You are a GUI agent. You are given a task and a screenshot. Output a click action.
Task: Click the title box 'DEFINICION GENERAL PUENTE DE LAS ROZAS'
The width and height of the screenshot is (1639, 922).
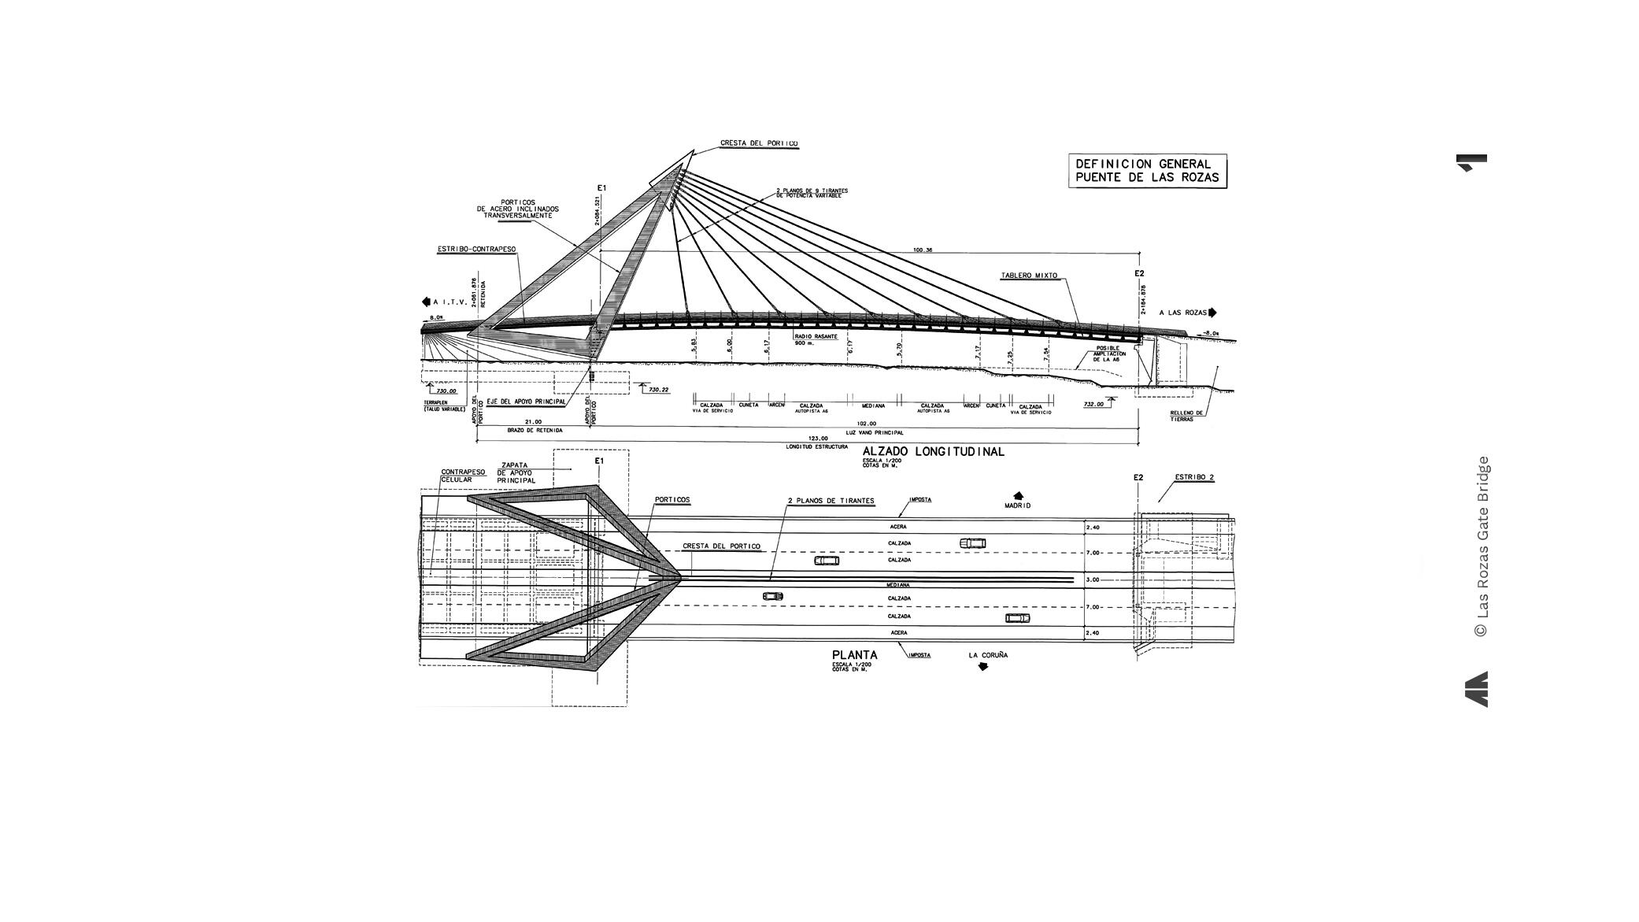[1146, 171]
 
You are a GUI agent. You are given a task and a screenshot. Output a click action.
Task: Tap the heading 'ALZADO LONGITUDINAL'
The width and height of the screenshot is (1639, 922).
[933, 452]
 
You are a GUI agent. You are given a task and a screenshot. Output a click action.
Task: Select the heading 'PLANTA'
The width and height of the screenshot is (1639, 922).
[854, 655]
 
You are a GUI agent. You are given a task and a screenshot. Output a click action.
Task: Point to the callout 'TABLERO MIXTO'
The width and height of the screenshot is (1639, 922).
[1029, 276]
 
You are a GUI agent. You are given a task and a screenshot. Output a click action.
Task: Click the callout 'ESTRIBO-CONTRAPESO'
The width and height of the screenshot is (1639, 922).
[476, 250]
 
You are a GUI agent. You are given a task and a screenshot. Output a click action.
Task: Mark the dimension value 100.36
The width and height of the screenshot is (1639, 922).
[923, 250]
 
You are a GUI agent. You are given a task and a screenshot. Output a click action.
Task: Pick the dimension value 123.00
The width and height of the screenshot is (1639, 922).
[818, 439]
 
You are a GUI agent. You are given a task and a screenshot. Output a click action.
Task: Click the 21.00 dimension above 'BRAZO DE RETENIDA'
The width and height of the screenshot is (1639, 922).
[533, 423]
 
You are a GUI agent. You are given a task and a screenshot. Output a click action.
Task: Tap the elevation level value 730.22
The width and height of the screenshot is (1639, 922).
[659, 390]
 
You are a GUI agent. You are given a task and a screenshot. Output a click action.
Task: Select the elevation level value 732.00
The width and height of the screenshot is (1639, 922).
[1093, 405]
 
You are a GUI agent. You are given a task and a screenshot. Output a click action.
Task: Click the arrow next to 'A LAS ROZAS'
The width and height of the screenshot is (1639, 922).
[1212, 313]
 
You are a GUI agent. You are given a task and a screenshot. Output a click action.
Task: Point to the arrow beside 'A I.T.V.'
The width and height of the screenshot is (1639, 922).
[426, 302]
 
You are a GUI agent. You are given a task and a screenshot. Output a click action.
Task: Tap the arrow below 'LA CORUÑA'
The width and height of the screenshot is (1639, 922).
[982, 667]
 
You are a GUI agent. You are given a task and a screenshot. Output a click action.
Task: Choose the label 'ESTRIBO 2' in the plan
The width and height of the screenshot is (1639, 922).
[1193, 477]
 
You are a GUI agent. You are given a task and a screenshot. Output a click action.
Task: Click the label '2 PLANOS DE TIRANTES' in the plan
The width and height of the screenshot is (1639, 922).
[831, 501]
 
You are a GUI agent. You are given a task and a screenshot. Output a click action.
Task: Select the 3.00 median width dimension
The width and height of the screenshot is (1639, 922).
[1093, 580]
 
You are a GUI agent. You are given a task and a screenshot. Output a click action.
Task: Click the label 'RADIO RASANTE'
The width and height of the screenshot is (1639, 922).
[815, 336]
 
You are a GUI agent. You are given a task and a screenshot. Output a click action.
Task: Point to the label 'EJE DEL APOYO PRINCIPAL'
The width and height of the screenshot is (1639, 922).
[526, 402]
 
